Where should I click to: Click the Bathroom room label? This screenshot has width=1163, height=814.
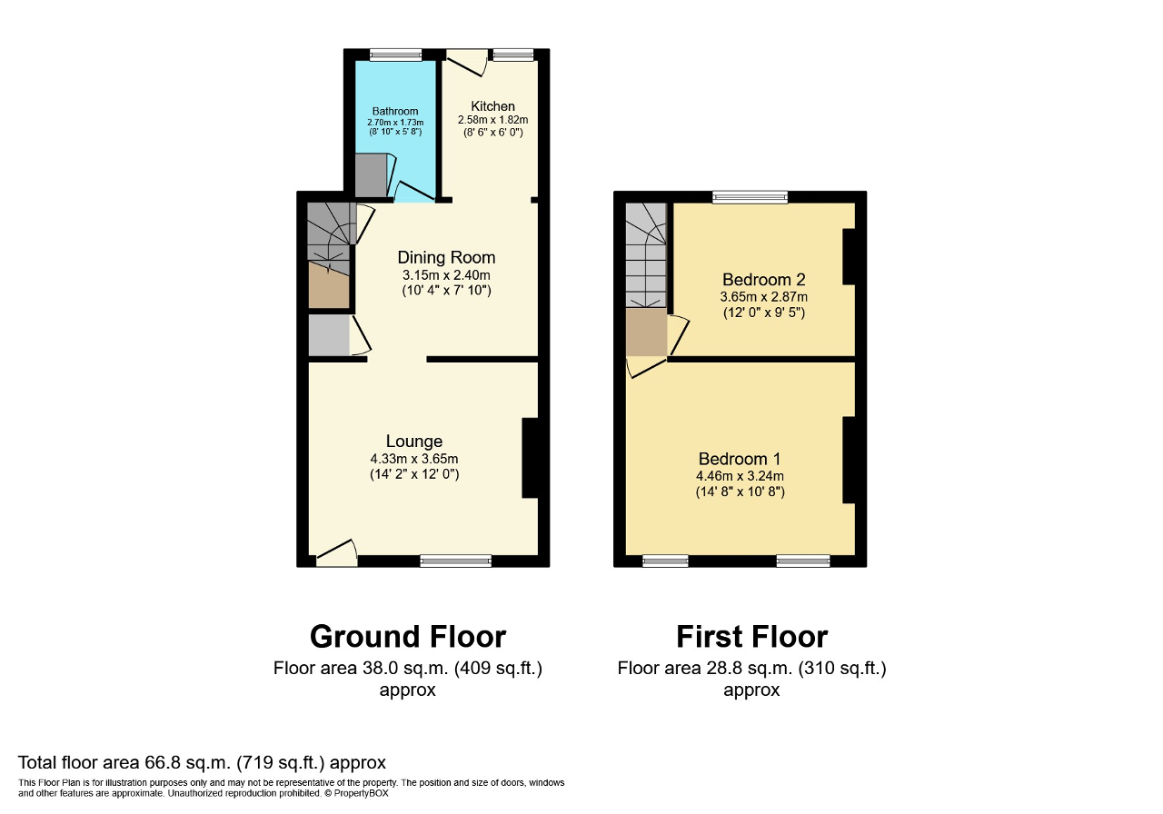click(x=394, y=111)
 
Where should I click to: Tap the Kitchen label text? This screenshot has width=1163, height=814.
click(x=492, y=106)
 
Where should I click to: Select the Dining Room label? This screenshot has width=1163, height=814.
click(x=446, y=258)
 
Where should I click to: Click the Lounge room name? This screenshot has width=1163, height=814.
click(x=413, y=442)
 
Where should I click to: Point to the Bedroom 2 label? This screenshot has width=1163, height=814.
click(x=763, y=279)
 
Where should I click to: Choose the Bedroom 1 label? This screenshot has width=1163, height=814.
click(x=740, y=459)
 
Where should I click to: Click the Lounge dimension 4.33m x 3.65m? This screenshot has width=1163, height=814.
click(x=413, y=459)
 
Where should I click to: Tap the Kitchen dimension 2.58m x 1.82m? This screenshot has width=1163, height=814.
click(x=492, y=120)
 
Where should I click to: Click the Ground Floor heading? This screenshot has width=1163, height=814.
click(x=407, y=636)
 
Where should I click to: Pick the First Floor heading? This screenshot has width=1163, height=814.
click(x=751, y=636)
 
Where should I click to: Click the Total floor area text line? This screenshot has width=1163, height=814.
click(x=202, y=762)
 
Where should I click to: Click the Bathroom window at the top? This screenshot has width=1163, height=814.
click(x=395, y=55)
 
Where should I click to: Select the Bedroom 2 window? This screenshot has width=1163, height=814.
click(x=750, y=196)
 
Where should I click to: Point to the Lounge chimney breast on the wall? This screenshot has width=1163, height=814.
click(x=530, y=458)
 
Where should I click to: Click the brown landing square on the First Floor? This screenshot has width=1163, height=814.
click(x=646, y=333)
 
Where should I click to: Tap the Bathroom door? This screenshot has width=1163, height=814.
click(x=414, y=191)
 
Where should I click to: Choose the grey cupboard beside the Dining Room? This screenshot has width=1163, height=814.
click(x=328, y=335)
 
